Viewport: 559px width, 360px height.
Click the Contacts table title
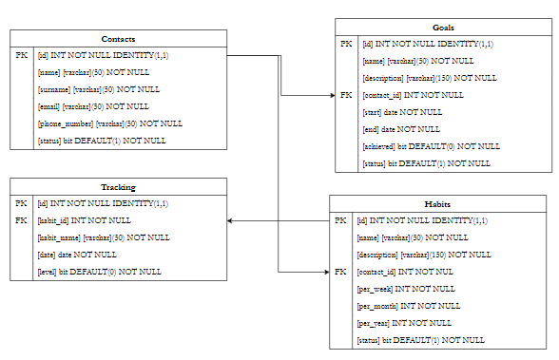pos(118,38)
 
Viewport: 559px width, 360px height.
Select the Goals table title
pos(443,28)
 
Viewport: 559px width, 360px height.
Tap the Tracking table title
pos(118,187)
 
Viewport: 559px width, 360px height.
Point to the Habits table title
pos(438,204)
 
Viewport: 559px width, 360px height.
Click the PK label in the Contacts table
pos(21,56)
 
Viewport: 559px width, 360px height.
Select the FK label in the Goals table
pos(346,95)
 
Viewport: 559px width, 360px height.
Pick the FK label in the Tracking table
pos(21,220)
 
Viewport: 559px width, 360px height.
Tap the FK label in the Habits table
pos(340,273)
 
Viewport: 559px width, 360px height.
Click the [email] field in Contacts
pos(92,106)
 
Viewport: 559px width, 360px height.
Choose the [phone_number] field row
pos(109,123)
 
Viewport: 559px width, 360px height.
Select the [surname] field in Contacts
pos(98,89)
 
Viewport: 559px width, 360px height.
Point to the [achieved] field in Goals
pos(431,146)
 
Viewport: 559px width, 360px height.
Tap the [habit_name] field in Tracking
pos(103,237)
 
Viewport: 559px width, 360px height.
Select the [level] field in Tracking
pos(99,272)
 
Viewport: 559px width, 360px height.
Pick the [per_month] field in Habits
pos(408,307)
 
